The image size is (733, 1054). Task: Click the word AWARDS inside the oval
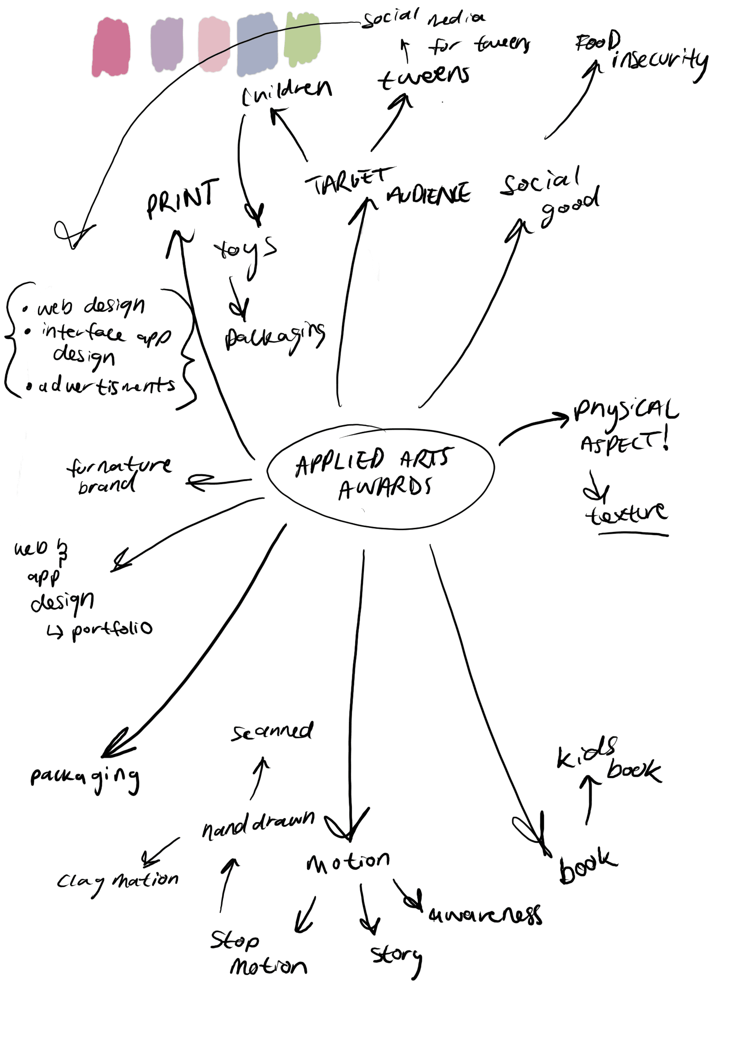pos(385,488)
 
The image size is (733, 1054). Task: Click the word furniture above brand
pos(119,466)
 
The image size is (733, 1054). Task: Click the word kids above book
pos(586,752)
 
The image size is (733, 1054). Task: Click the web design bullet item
pos(91,306)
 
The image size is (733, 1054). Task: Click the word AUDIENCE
pos(429,194)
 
